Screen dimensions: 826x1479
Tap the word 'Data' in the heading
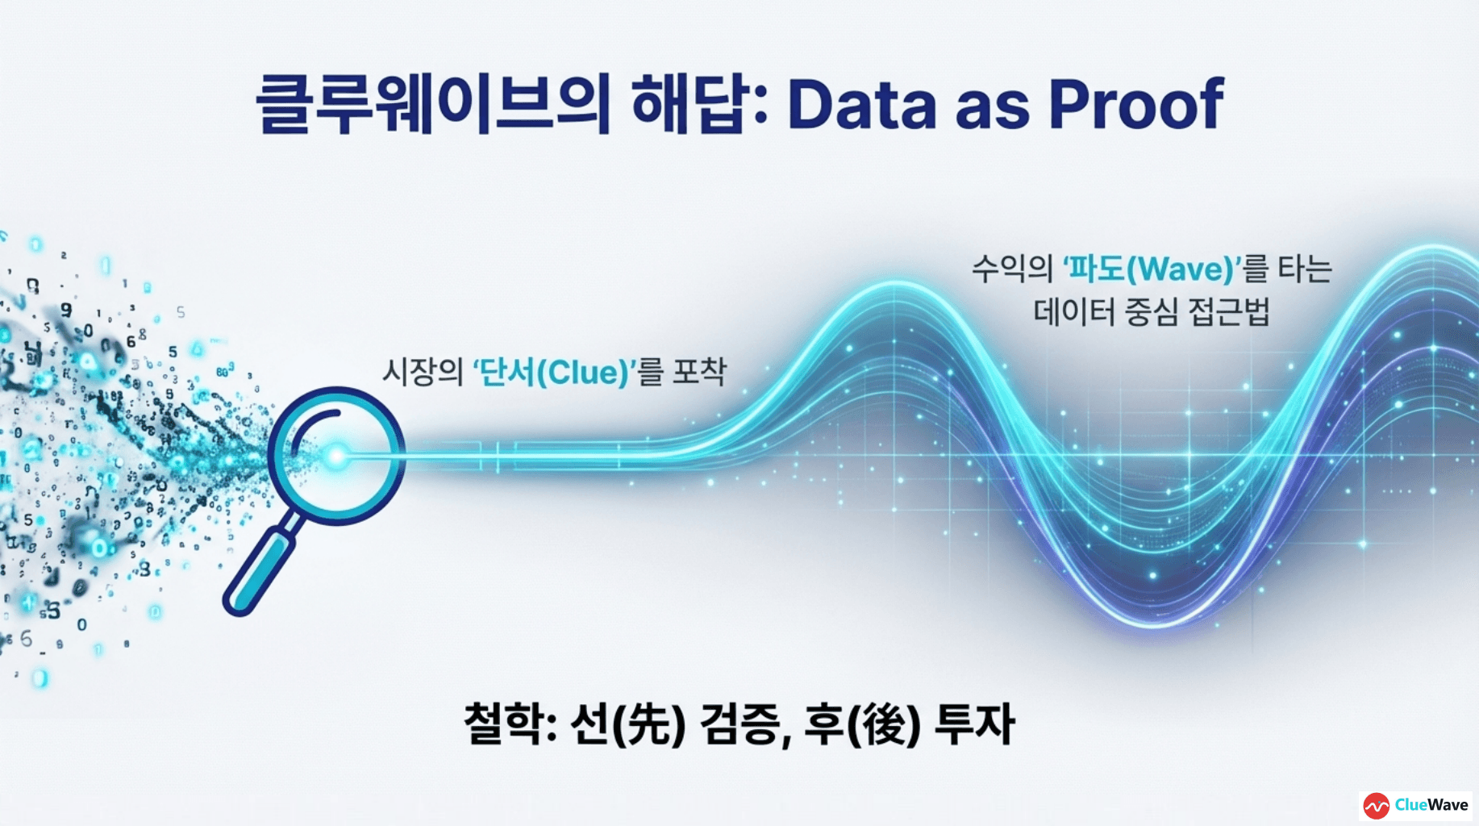point(861,105)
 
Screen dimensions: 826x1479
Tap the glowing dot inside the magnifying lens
point(335,457)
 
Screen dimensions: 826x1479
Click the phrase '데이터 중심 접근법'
point(1152,312)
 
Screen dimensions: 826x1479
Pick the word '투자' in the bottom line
point(974,724)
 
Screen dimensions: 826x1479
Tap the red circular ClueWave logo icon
point(1376,805)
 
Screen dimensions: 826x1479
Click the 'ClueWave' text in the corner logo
point(1431,805)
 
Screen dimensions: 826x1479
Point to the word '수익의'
point(1012,269)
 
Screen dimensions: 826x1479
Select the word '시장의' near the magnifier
point(422,373)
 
